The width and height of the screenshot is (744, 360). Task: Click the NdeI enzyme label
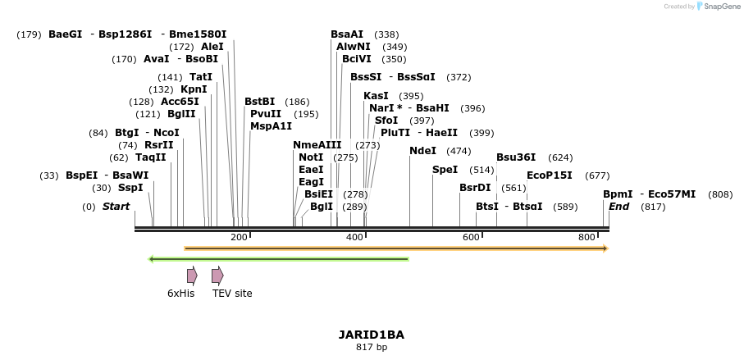point(422,151)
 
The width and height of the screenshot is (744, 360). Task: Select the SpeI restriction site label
point(445,170)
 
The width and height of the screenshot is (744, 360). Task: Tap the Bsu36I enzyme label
point(516,157)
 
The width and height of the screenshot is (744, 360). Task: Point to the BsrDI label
point(475,188)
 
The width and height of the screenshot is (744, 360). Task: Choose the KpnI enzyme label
point(194,89)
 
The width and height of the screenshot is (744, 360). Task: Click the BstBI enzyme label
point(260,102)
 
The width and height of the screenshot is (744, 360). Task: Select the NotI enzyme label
point(311,157)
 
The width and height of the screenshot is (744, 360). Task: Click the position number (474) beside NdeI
point(459,151)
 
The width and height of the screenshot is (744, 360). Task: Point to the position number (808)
point(720,194)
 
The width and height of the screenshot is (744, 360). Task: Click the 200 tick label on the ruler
point(239,237)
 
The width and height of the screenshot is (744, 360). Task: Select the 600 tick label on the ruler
point(471,237)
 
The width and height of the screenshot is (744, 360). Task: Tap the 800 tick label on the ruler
point(587,237)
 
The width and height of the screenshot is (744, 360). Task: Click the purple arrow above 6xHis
point(192,276)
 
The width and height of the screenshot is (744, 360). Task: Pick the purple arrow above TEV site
point(217,276)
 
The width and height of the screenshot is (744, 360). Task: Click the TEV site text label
point(232,294)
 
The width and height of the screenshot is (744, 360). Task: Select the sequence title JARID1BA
point(371,335)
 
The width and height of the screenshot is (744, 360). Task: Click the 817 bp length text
point(371,348)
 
